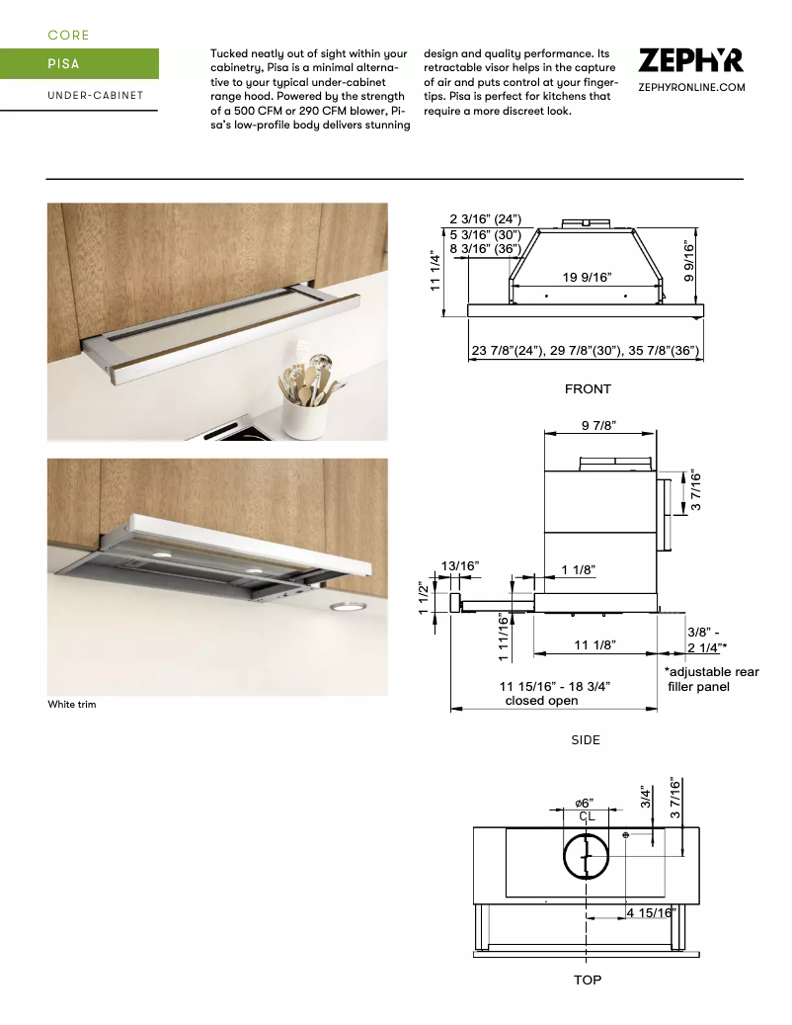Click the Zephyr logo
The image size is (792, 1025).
pos(691,60)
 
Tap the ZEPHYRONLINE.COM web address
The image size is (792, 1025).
pos(691,88)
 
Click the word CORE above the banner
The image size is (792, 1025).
pos(69,36)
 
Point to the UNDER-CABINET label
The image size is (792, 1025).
pos(95,96)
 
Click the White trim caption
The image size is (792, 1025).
pos(72,705)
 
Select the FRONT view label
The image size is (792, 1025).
pos(588,389)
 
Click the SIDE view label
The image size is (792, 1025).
pos(586,739)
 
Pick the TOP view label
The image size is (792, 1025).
pos(588,980)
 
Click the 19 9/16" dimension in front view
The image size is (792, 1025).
pos(588,277)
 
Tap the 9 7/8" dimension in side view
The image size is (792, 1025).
pos(599,426)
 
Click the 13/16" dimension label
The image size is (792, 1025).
pos(460,565)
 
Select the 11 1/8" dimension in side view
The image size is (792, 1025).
pos(594,644)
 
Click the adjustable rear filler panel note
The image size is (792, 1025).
pos(711,679)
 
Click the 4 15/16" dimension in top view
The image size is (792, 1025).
pos(651,912)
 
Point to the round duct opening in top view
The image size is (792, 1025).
pos(588,856)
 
